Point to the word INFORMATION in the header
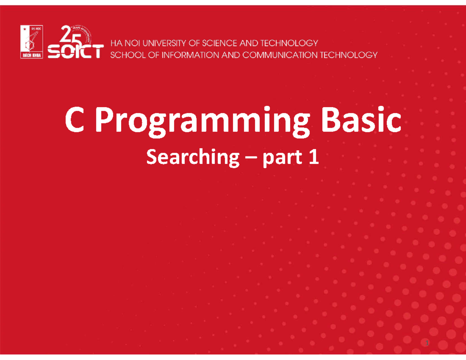coord(188,55)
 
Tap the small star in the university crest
coord(24,29)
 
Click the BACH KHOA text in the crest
coord(31,55)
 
